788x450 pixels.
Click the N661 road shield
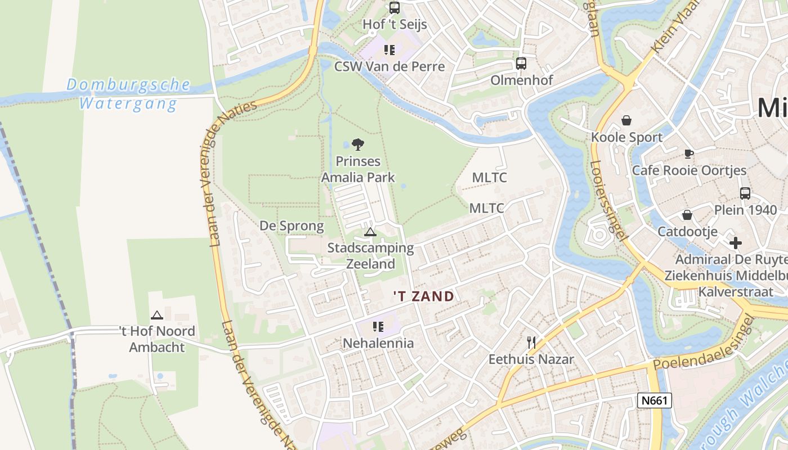coord(655,400)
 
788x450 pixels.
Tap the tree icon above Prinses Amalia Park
coord(357,145)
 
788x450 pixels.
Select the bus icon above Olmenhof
coord(521,64)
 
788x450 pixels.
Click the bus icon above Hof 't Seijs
coord(395,8)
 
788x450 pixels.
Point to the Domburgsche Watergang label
coord(128,94)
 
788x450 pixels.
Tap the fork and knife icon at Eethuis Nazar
coord(531,341)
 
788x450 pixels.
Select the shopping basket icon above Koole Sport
coord(626,120)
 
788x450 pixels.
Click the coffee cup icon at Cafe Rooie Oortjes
coord(688,154)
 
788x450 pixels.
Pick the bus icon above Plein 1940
coord(745,193)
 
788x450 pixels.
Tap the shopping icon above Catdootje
coord(687,215)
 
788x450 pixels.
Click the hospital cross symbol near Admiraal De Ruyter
coord(735,243)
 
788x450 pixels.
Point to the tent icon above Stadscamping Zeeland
coord(370,232)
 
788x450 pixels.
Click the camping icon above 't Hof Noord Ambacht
coord(156,315)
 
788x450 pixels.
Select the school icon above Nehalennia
coord(378,326)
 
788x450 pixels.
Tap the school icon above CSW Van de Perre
coord(389,50)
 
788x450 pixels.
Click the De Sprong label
coord(292,226)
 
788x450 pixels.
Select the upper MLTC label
coord(489,178)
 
